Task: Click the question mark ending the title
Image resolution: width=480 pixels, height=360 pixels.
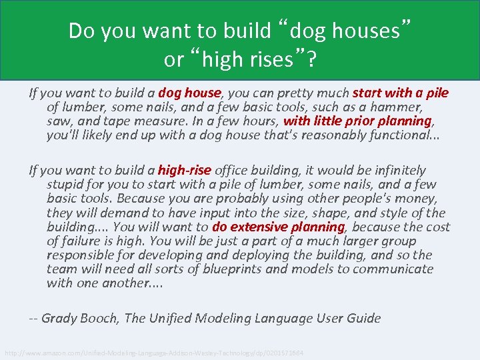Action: [312, 59]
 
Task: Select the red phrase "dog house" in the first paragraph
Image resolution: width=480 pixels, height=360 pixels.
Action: [189, 93]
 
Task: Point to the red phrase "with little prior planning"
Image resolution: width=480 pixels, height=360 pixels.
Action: [357, 121]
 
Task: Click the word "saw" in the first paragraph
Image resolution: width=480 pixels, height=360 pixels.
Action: [57, 121]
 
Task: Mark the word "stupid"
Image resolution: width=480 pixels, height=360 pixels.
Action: [65, 185]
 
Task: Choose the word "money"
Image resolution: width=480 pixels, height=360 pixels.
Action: [414, 199]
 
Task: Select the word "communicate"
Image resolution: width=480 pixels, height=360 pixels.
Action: [392, 269]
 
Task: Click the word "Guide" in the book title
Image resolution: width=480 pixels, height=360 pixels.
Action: [363, 318]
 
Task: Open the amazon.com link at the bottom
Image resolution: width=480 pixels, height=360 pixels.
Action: [154, 352]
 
